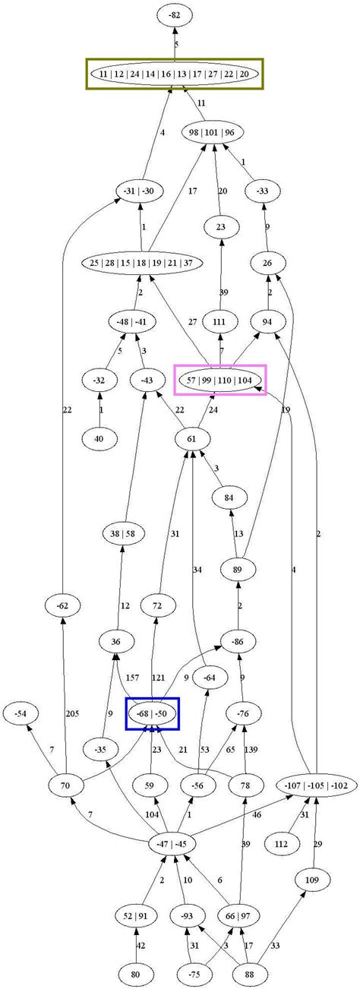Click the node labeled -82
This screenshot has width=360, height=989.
[175, 15]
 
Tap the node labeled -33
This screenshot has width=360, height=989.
[263, 191]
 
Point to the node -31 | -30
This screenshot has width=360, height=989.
[137, 191]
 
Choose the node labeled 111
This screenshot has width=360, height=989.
[221, 322]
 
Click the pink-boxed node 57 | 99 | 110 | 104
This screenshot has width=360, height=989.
[219, 379]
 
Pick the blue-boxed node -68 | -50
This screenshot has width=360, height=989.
[152, 714]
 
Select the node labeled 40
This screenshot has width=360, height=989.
[100, 438]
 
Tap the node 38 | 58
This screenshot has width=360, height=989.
[123, 533]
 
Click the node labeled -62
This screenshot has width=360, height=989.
[62, 605]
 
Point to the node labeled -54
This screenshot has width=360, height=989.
[21, 714]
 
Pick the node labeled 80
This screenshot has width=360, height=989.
[136, 972]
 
